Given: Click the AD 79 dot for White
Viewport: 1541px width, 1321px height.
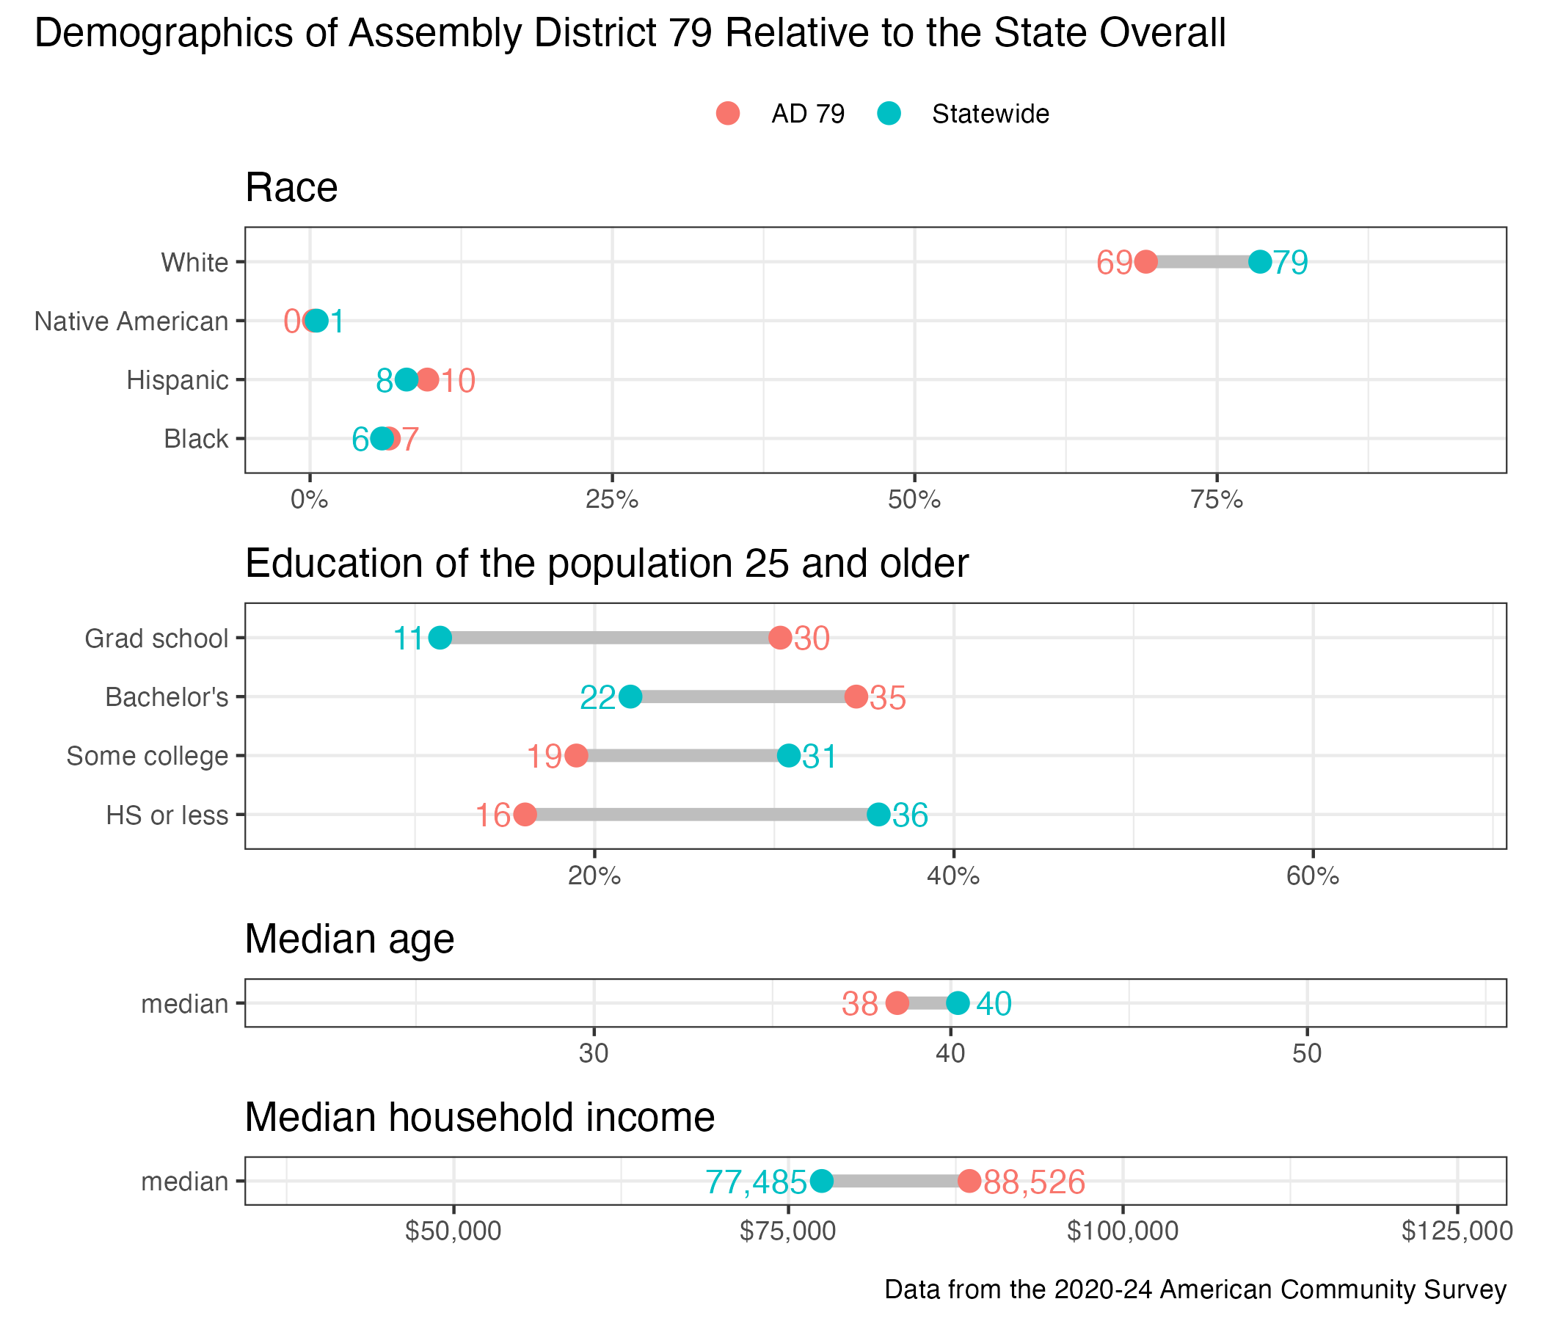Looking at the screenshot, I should click(x=1145, y=262).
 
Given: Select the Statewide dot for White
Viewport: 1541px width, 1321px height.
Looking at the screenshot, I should click(x=1260, y=262).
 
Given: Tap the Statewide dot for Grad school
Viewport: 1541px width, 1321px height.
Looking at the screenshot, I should click(x=440, y=638).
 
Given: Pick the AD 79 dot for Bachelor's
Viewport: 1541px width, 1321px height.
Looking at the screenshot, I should click(x=856, y=697).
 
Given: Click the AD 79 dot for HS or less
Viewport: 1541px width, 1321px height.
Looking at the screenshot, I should click(x=525, y=815).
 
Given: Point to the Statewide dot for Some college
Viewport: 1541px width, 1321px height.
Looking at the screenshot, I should click(x=789, y=756).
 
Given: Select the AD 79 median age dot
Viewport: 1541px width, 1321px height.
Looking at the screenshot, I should click(x=897, y=1002).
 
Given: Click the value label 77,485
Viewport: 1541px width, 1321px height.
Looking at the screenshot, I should click(x=756, y=1181).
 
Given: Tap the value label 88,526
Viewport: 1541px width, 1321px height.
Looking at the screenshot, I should click(x=1035, y=1181).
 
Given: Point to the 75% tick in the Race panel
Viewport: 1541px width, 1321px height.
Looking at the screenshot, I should click(x=1217, y=500).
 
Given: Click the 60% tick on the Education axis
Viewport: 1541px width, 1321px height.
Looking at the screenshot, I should click(x=1313, y=876).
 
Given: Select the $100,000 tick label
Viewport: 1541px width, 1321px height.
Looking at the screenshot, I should click(x=1122, y=1231).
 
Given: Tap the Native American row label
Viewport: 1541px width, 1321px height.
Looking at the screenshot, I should click(x=131, y=321).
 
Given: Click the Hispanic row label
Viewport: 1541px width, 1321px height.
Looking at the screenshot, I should click(x=178, y=380).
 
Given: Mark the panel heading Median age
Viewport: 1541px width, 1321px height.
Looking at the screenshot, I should click(x=349, y=939).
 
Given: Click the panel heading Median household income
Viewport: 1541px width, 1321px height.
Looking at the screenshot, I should click(x=480, y=1117).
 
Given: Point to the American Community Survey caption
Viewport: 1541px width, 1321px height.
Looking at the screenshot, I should click(x=1195, y=1289).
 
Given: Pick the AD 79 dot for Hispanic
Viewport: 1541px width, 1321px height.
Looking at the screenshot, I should click(x=427, y=380).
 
